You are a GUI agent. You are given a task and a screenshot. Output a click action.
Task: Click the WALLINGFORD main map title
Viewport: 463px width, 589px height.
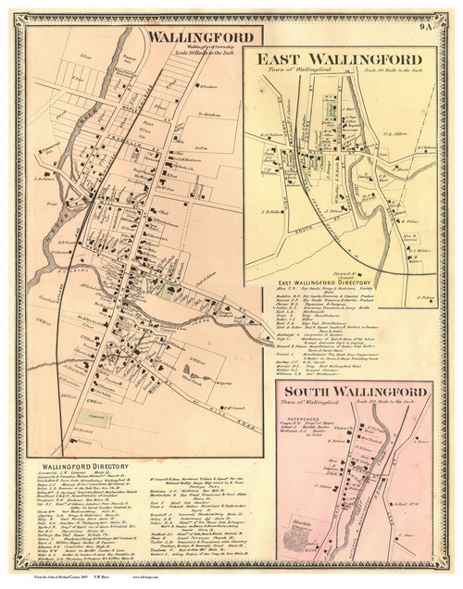[x=192, y=38]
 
